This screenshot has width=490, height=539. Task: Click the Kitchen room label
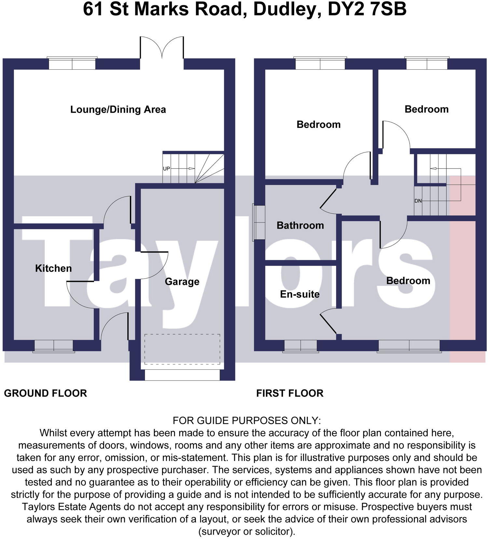coord(53,269)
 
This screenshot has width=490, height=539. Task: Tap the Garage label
coord(182,282)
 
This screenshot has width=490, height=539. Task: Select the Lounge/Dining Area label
coord(118,109)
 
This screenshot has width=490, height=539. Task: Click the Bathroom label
coord(300,225)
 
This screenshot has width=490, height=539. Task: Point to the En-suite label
coord(300,294)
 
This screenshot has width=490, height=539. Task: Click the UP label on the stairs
coord(166,169)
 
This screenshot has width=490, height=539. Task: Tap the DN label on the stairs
coord(418,201)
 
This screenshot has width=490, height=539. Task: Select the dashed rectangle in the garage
coord(182,349)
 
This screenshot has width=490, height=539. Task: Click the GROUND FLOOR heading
coord(45,393)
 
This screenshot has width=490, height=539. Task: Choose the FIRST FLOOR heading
coord(290,393)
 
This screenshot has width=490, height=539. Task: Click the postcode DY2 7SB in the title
coord(367,9)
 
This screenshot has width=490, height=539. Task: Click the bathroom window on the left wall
coord(259,223)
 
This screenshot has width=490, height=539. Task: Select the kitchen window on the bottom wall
coord(54,346)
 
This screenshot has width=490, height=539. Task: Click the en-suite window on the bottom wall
coord(301,346)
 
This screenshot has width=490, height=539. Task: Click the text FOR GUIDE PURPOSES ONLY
coord(247,421)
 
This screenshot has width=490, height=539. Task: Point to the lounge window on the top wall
coord(72,63)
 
